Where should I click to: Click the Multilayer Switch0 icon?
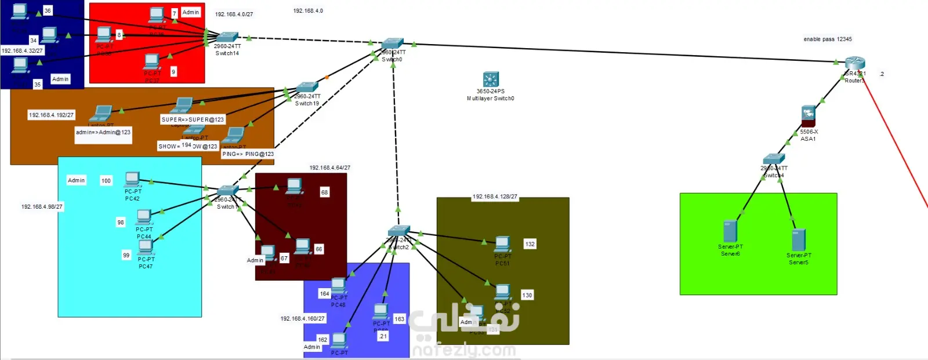(491, 79)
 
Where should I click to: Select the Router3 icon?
(855, 63)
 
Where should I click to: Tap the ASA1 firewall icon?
(809, 115)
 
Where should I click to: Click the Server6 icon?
(730, 231)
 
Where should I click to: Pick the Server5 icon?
(799, 239)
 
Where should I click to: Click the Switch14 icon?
(227, 37)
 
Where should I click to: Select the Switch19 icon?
(307, 88)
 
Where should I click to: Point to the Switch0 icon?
(393, 43)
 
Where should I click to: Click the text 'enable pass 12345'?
(828, 39)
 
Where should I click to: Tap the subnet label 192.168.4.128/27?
(495, 197)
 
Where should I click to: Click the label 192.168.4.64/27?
(329, 168)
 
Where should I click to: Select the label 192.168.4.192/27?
(51, 115)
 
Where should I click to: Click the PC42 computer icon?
(133, 179)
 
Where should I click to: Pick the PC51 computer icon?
(503, 243)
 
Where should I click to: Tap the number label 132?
(530, 244)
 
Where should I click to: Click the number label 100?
(106, 181)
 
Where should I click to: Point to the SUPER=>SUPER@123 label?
(193, 119)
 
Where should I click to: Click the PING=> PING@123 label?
(248, 154)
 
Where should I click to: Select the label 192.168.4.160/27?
(303, 318)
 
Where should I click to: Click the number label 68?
(324, 192)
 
